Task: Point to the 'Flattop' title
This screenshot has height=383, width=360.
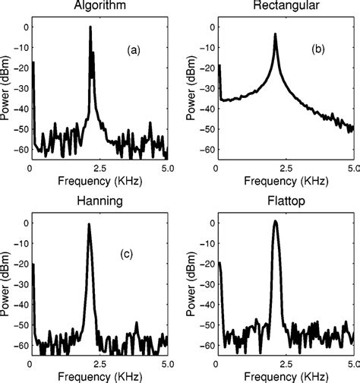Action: point(286,203)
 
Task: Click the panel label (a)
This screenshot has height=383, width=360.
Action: point(134,51)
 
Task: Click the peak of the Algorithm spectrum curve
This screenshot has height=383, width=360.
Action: point(90,27)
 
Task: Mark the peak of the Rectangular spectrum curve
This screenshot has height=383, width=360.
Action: point(276,34)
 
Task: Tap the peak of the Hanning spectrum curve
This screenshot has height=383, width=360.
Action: point(89,224)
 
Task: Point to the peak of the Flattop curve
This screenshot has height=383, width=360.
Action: point(276,221)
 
